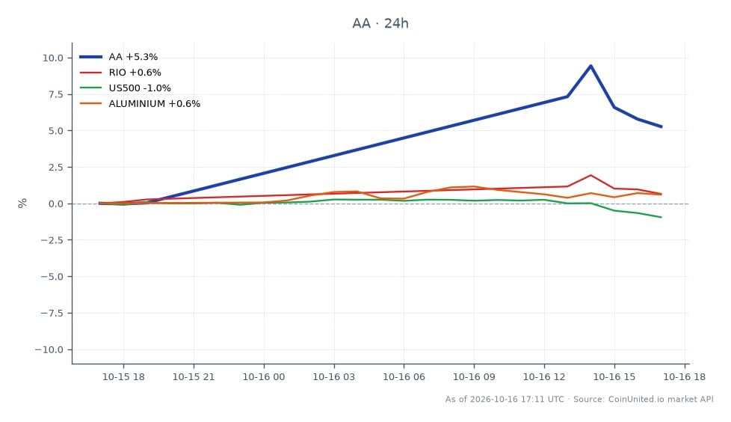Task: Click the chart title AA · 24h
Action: pyautogui.click(x=380, y=23)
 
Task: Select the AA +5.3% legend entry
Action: pyautogui.click(x=118, y=57)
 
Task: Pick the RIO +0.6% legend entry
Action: pyautogui.click(x=120, y=73)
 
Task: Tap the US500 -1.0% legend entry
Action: pyautogui.click(x=125, y=88)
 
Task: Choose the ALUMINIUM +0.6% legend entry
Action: pyautogui.click(x=140, y=104)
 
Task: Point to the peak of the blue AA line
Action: pyautogui.click(x=590, y=66)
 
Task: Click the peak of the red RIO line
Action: pyautogui.click(x=590, y=176)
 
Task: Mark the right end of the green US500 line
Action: pyautogui.click(x=661, y=217)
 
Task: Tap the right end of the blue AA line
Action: pyautogui.click(x=661, y=126)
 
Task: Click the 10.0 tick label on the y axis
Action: pyautogui.click(x=52, y=58)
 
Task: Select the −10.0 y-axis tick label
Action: pyautogui.click(x=49, y=349)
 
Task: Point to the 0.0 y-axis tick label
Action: pyautogui.click(x=55, y=204)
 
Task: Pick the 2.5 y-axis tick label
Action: pyautogui.click(x=55, y=167)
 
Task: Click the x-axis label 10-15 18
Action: pyautogui.click(x=123, y=376)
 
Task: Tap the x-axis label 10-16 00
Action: pyautogui.click(x=264, y=376)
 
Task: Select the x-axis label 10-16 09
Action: pyautogui.click(x=474, y=376)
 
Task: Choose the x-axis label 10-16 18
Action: pyautogui.click(x=685, y=376)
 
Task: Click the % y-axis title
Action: pyautogui.click(x=22, y=203)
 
